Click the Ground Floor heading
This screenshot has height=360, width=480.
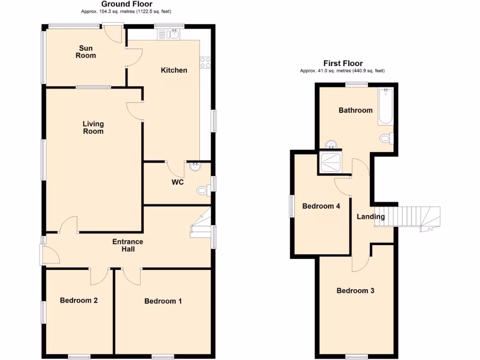(127, 4)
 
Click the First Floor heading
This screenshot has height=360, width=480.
(343, 63)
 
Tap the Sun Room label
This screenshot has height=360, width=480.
(86, 52)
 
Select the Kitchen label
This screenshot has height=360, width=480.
(174, 70)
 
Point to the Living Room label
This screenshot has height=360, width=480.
(93, 127)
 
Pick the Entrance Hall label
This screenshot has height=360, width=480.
(128, 245)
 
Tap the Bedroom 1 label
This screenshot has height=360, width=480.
(163, 301)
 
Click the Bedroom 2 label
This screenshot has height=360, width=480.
(79, 300)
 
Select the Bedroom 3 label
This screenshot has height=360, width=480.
(355, 291)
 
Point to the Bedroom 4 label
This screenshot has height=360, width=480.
(321, 206)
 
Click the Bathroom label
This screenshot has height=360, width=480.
(356, 111)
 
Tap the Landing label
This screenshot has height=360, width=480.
(371, 217)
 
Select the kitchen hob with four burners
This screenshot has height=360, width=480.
(205, 62)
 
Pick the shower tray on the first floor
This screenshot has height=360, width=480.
(330, 162)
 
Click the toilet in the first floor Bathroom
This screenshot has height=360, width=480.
(386, 138)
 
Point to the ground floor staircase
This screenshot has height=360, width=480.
(201, 225)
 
